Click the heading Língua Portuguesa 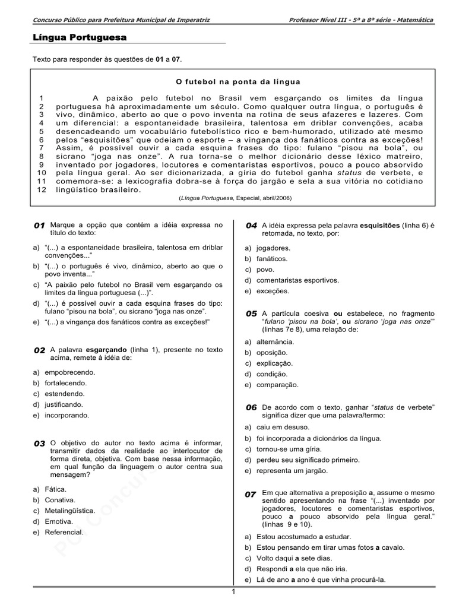pyautogui.click(x=79, y=38)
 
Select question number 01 pyautogui.click(x=39, y=226)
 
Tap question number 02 pyautogui.click(x=39, y=351)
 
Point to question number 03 pyautogui.click(x=39, y=444)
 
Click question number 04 pyautogui.click(x=251, y=226)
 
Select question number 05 pyautogui.click(x=251, y=313)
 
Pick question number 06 pyautogui.click(x=251, y=408)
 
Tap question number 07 pyautogui.click(x=251, y=494)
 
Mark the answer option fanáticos pyautogui.click(x=272, y=259)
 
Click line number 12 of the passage pyautogui.click(x=41, y=189)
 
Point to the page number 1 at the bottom pyautogui.click(x=233, y=592)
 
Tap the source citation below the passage pyautogui.click(x=237, y=198)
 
